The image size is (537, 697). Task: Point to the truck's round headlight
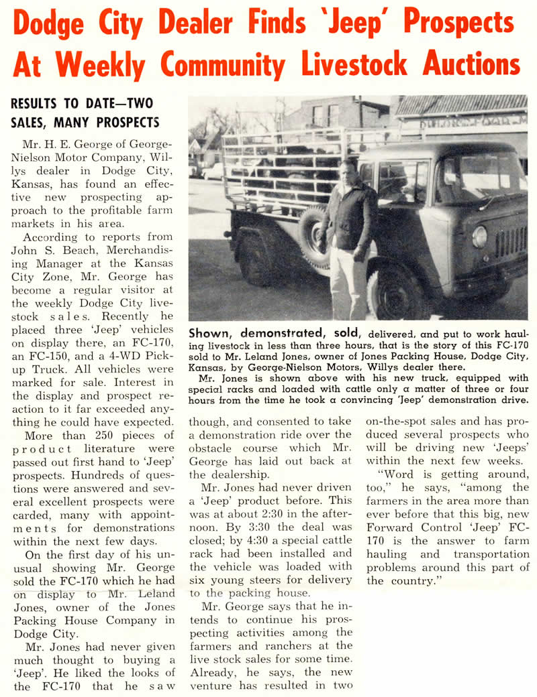point(479,235)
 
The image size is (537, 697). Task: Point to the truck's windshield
point(480,177)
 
